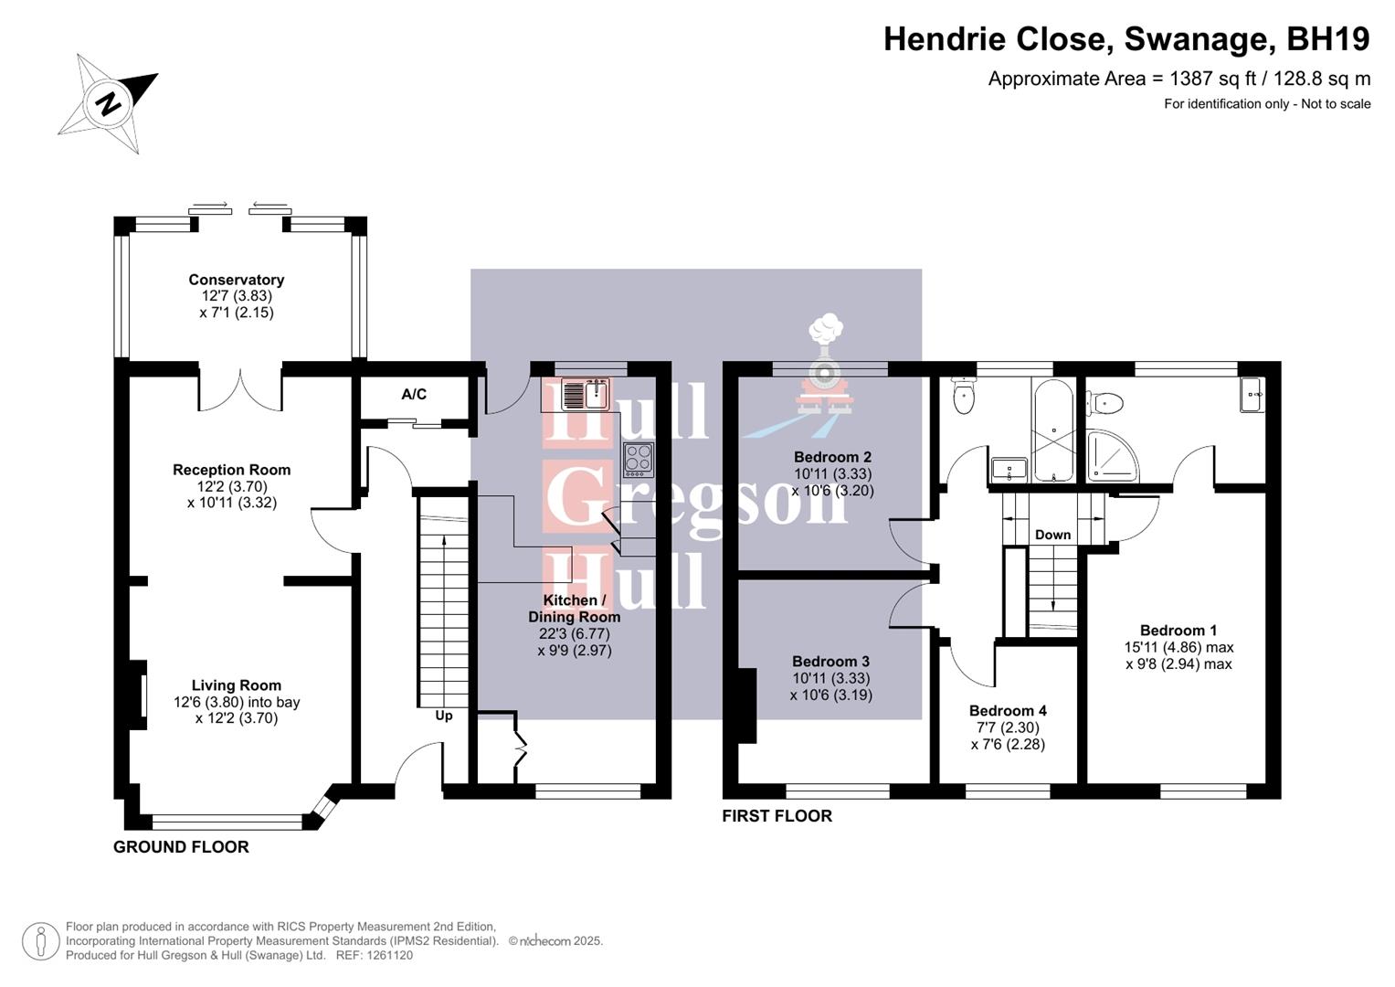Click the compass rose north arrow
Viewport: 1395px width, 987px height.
click(109, 102)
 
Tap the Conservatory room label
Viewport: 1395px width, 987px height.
click(237, 280)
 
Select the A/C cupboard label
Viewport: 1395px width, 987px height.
click(414, 395)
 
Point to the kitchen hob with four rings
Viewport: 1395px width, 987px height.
click(639, 459)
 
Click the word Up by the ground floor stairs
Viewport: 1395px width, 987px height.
click(444, 716)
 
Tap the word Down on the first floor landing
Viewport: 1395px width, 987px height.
click(1052, 535)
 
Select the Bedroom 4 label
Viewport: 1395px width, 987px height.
click(1008, 711)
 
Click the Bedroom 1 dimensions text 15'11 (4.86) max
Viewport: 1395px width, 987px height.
click(1178, 647)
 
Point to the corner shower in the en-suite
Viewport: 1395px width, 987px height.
click(1112, 457)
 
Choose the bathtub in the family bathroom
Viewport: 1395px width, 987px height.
click(1054, 430)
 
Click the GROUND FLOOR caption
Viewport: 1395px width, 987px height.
click(181, 847)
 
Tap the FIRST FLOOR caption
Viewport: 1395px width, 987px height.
click(777, 816)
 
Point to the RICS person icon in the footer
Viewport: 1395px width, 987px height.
click(40, 941)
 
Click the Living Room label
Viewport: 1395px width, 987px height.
click(237, 685)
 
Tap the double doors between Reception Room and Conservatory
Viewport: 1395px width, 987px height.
click(241, 388)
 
